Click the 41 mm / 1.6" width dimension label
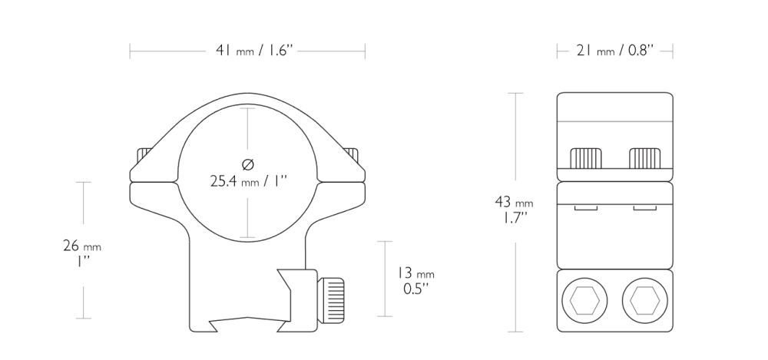(253, 51)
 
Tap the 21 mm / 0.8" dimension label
(615, 51)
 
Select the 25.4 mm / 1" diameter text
(248, 182)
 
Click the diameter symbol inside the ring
(248, 164)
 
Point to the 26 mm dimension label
(82, 246)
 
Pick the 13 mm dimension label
(415, 273)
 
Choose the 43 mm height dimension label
(514, 202)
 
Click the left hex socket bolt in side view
(584, 300)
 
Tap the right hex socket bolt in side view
(644, 300)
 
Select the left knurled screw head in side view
(586, 157)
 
